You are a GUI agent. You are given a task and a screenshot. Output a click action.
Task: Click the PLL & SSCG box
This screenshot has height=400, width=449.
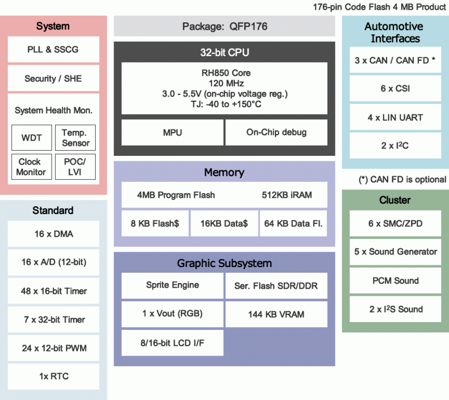pyautogui.click(x=53, y=49)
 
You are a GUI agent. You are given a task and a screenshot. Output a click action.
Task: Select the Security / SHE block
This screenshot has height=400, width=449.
pyautogui.click(x=53, y=78)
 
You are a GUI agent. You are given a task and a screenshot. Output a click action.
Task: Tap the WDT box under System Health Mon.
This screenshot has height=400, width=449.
pyautogui.click(x=31, y=138)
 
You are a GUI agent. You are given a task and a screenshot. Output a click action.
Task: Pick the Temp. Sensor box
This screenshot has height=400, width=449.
pyautogui.click(x=75, y=138)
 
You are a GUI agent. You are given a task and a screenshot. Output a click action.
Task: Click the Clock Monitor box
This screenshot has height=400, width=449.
pyautogui.click(x=31, y=167)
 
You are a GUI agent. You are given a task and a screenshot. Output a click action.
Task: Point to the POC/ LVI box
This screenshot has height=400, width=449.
pyautogui.click(x=75, y=167)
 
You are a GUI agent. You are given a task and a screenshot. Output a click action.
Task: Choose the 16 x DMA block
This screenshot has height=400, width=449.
pyautogui.click(x=53, y=234)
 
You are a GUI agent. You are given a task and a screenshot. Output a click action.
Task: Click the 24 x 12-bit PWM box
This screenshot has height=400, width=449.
pyautogui.click(x=53, y=348)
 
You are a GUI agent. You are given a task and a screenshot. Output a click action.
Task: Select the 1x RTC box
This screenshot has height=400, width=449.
pyautogui.click(x=53, y=376)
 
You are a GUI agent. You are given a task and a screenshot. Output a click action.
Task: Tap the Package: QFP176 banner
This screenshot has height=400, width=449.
pyautogui.click(x=224, y=26)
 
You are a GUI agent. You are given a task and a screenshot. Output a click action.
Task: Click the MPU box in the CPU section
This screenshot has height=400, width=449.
pyautogui.click(x=172, y=132)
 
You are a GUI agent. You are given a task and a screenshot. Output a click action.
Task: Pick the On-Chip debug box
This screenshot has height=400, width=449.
pyautogui.click(x=276, y=132)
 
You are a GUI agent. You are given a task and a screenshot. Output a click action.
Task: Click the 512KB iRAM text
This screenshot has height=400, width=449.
pyautogui.click(x=287, y=195)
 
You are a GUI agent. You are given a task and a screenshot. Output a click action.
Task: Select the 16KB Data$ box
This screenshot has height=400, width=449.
pyautogui.click(x=224, y=223)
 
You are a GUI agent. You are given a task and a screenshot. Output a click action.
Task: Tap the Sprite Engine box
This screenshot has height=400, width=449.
pyautogui.click(x=172, y=285)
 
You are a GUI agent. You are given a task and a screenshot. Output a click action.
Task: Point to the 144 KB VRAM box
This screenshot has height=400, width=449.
pyautogui.click(x=276, y=314)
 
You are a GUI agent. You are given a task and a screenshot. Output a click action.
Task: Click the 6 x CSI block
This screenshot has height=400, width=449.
pyautogui.click(x=395, y=88)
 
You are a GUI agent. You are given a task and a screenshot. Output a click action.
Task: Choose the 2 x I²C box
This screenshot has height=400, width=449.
pyautogui.click(x=395, y=145)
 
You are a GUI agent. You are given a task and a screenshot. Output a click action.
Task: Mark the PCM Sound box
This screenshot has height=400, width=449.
pyautogui.click(x=395, y=281)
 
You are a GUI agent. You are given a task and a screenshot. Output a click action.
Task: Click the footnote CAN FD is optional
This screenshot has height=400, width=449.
pyautogui.click(x=403, y=179)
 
